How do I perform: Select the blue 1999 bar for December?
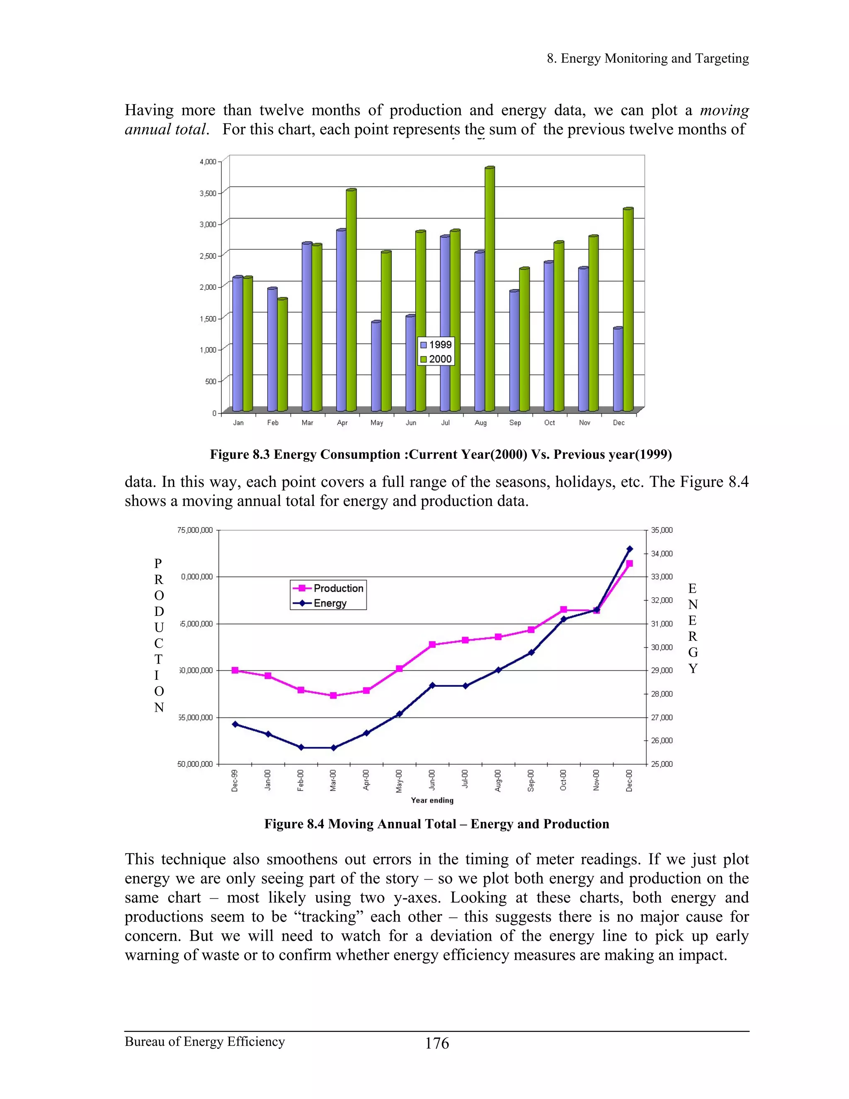point(618,370)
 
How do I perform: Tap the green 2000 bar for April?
point(351,300)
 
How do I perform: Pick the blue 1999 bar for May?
point(376,366)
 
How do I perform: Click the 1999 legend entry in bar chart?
point(436,345)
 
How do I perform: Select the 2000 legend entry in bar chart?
point(436,359)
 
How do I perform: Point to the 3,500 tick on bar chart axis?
point(208,193)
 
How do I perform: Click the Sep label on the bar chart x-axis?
point(515,423)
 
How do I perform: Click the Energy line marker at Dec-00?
point(630,549)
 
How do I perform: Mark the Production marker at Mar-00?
point(333,695)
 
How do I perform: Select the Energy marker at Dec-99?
point(235,724)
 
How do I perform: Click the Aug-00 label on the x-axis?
point(497,780)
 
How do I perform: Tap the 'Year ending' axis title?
point(432,800)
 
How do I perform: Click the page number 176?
point(437,1043)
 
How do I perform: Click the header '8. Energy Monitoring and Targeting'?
point(648,58)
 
